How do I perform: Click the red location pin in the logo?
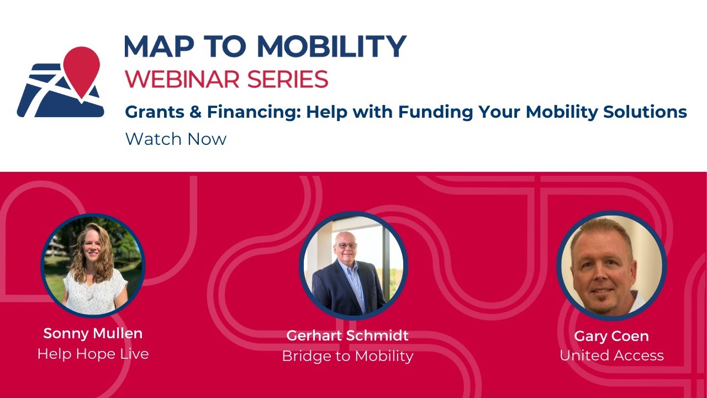click(81, 66)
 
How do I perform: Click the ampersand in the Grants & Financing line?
click(193, 112)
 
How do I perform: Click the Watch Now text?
click(176, 139)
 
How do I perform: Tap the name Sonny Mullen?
click(93, 333)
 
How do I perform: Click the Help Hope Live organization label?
click(93, 354)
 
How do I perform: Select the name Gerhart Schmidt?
click(347, 336)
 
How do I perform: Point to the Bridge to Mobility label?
click(347, 356)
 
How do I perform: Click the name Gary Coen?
click(611, 336)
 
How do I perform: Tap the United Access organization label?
click(611, 355)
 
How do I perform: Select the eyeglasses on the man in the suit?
click(346, 245)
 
